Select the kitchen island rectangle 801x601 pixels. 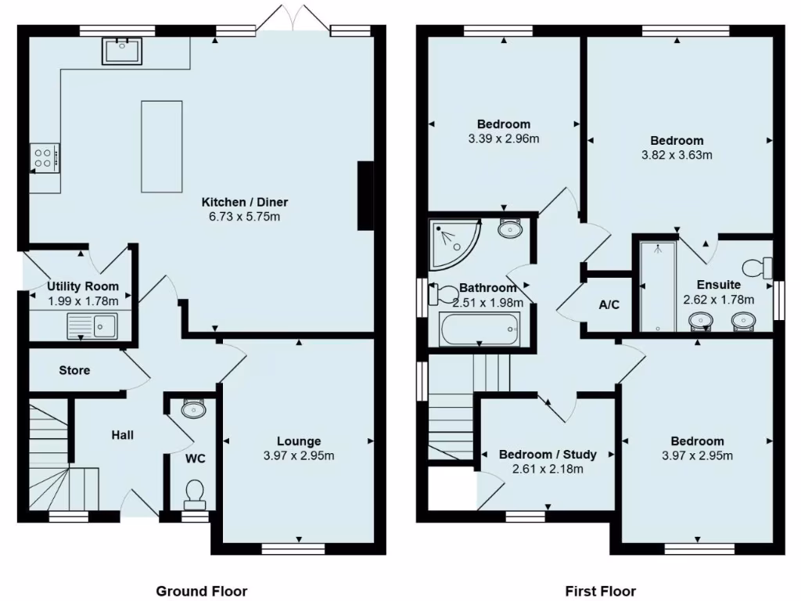(x=161, y=146)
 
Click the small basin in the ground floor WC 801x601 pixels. (x=192, y=408)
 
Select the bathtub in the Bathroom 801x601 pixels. (x=480, y=328)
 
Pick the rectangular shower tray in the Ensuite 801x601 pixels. (x=658, y=285)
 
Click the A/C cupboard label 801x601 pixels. (x=609, y=304)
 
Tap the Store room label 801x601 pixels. (x=74, y=370)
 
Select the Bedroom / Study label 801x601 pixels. (x=548, y=455)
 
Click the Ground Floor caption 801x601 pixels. (x=202, y=591)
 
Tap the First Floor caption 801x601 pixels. (x=600, y=591)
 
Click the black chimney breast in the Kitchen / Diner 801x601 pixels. (x=365, y=196)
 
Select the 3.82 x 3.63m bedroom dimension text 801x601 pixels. (x=677, y=155)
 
